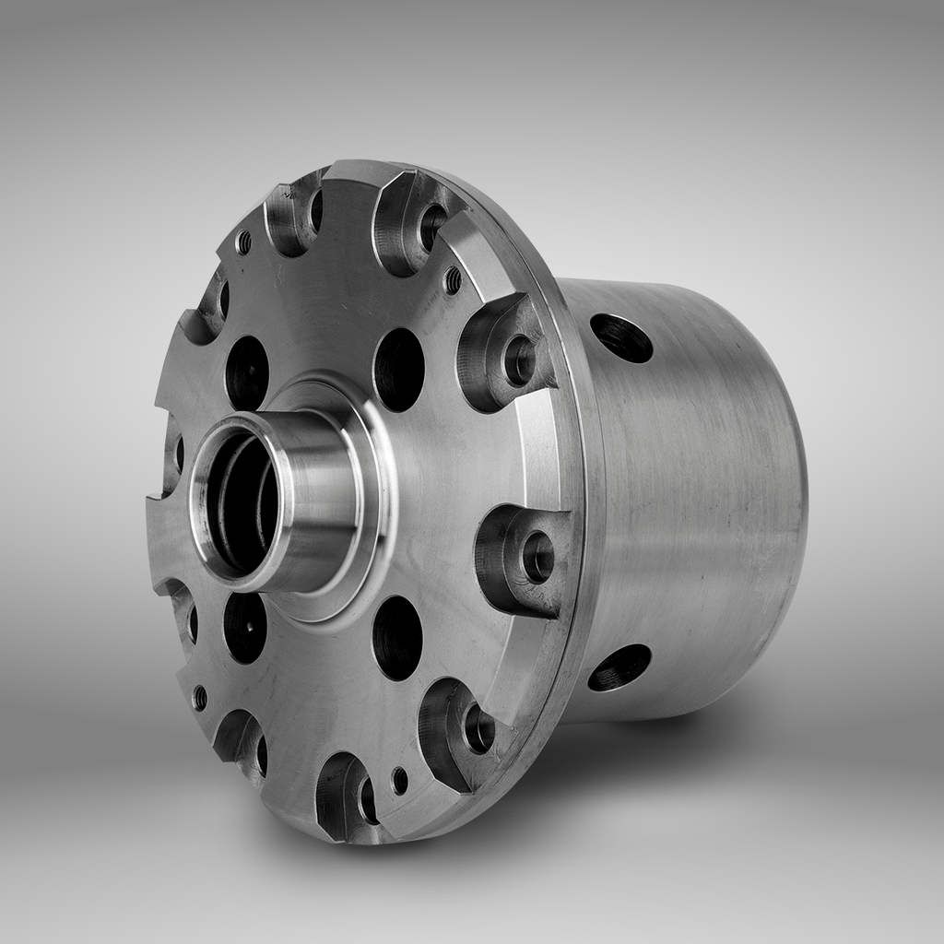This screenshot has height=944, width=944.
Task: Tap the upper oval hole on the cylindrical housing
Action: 621,338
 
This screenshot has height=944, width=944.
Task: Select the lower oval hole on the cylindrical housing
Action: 619,667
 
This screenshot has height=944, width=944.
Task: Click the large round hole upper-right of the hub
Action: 399,369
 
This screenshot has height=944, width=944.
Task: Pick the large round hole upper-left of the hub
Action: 247,372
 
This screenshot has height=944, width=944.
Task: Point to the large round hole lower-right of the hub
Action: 397,637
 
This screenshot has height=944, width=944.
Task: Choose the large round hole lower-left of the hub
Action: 245,627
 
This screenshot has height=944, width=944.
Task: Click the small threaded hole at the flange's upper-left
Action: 243,242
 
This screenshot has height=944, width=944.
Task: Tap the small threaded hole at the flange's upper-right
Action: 453,279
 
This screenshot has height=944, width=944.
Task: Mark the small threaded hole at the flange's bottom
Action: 399,780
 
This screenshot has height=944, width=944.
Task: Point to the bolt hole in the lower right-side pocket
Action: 537,557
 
